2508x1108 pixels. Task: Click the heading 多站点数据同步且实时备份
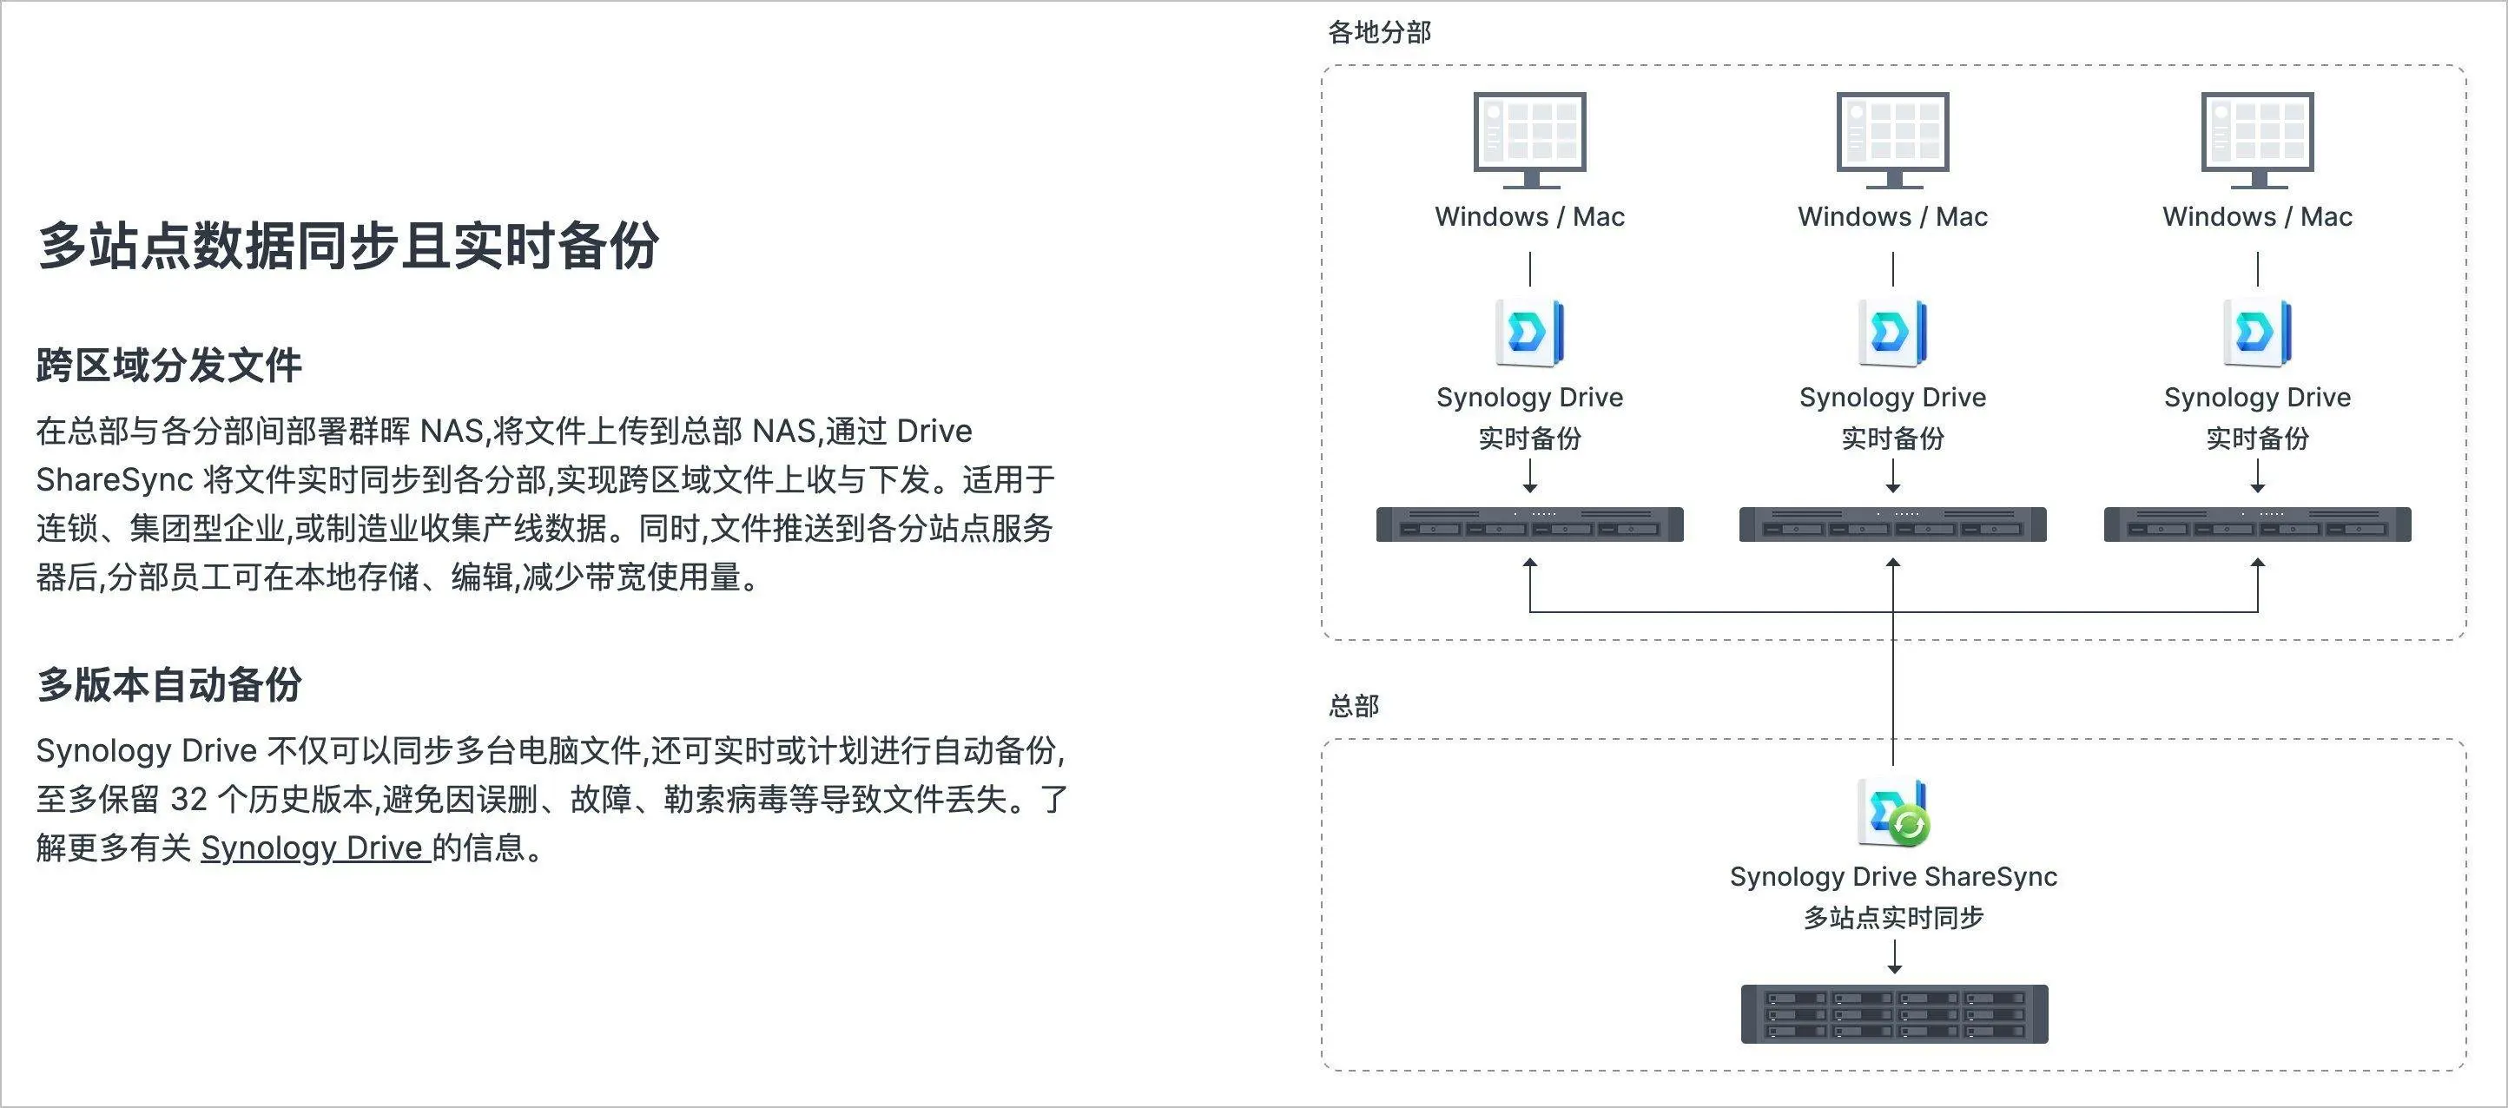[x=348, y=246]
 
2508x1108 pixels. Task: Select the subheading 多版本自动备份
[x=169, y=684]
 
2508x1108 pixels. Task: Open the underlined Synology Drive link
[x=314, y=848]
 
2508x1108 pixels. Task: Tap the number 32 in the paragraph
[x=188, y=800]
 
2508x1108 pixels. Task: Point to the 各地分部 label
[x=1379, y=33]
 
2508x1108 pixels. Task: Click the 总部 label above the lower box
[x=1353, y=706]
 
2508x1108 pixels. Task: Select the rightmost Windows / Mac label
[x=2257, y=217]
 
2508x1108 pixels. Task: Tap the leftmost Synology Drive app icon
[x=1528, y=333]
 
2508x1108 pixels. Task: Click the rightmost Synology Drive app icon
[x=2257, y=333]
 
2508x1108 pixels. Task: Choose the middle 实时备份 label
[x=1892, y=439]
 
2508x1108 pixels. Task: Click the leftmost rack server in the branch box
[x=1529, y=524]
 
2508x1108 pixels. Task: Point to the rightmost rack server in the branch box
[x=2257, y=524]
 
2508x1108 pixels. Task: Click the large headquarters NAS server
[x=1894, y=1013]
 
